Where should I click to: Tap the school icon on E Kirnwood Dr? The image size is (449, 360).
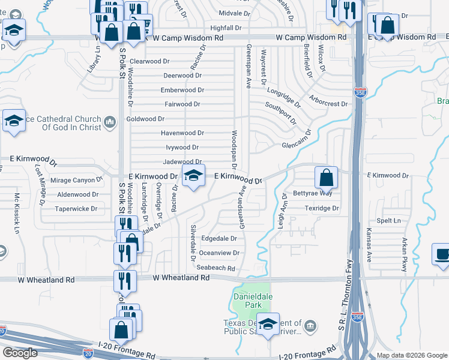(x=193, y=176)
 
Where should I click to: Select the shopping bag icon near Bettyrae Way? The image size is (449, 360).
(x=326, y=178)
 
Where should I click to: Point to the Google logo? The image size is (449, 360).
(x=20, y=353)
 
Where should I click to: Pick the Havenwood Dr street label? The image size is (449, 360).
(x=182, y=133)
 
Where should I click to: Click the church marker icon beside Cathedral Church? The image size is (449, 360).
(x=109, y=123)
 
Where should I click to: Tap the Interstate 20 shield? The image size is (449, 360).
(x=2, y=331)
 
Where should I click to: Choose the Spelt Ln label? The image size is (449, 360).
(x=389, y=221)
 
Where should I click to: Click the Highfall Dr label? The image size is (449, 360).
(x=226, y=28)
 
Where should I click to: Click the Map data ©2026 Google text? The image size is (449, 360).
(x=411, y=355)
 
